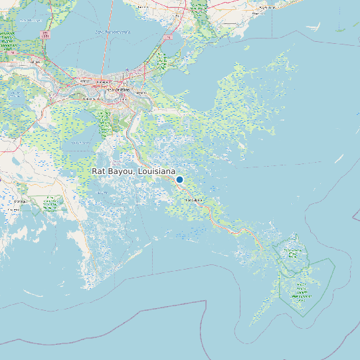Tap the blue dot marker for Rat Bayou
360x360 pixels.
click(x=179, y=179)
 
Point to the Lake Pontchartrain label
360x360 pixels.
click(x=112, y=32)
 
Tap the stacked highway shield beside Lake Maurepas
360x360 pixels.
click(x=45, y=34)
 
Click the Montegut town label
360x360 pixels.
click(x=21, y=200)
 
